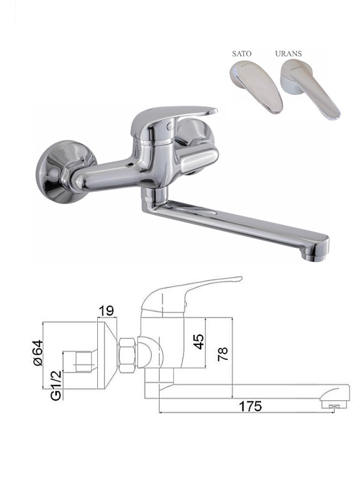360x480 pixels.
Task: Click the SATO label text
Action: (242, 54)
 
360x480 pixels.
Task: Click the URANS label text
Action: (289, 54)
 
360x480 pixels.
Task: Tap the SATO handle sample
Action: (257, 86)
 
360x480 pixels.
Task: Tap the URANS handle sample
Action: (309, 88)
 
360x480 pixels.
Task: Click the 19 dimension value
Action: (107, 311)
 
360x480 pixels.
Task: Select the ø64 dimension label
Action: (37, 353)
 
